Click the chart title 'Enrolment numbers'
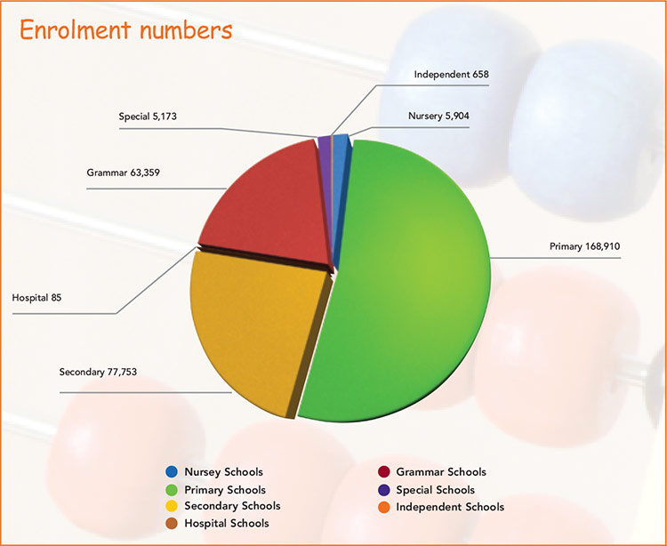tap(125, 30)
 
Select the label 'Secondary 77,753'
tap(98, 371)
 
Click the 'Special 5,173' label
tap(152, 116)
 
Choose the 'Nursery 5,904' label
tap(445, 116)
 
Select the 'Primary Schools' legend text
tap(225, 490)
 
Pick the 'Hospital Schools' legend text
tap(226, 524)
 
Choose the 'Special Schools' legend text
tap(435, 490)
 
